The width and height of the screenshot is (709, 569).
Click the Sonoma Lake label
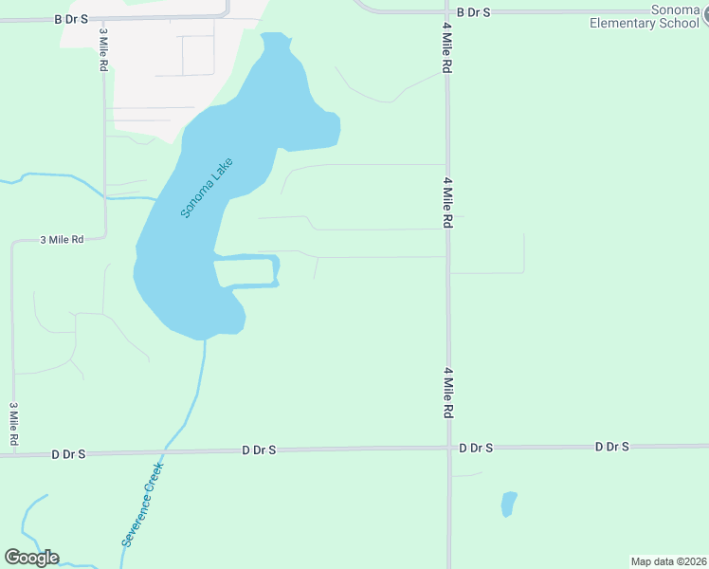click(207, 188)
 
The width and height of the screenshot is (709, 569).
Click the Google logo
click(31, 558)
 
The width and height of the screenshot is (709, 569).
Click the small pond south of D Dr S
click(509, 504)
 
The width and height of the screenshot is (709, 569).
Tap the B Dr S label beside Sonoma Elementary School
click(473, 11)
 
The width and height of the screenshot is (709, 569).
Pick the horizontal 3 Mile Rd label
click(62, 240)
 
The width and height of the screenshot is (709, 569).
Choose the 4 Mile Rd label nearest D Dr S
click(445, 394)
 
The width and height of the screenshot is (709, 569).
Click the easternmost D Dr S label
click(611, 446)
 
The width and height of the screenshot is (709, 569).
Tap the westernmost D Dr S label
click(68, 454)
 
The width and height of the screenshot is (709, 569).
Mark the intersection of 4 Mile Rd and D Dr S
click(448, 449)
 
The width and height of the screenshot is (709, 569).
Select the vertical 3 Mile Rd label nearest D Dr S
click(14, 424)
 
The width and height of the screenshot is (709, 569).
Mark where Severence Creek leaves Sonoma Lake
click(203, 340)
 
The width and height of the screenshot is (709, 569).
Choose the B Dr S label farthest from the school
click(71, 18)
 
